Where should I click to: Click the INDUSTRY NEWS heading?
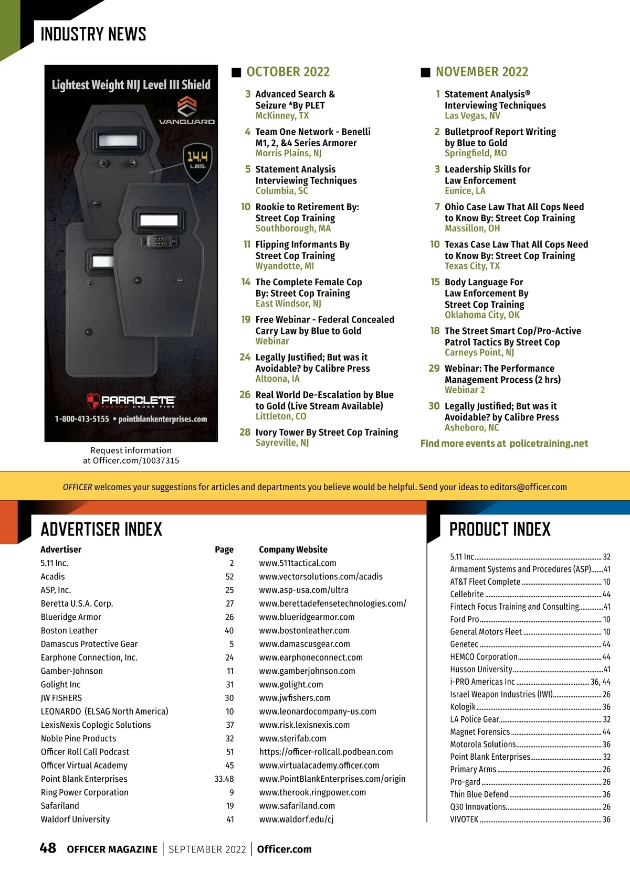coord(93,35)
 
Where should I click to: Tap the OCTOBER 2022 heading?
coord(288,72)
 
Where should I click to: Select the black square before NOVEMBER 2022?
coord(426,72)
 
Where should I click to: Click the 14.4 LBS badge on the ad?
coord(197,159)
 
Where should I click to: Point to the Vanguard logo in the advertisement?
coord(187,111)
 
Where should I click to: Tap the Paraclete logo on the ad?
coord(131,401)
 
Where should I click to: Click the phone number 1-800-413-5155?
coord(82,419)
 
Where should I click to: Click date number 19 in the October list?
coord(246,319)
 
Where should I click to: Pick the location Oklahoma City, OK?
coord(482,315)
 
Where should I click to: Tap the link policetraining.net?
coord(549,444)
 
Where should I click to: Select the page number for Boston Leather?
coord(229,631)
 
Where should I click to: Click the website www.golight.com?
coord(291,685)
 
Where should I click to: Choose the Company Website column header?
coord(293,549)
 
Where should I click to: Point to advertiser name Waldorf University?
coord(76,820)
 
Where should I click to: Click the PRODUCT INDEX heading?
coord(500,530)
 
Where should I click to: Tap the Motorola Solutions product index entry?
coord(483,745)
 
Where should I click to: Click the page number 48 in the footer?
coord(48,848)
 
